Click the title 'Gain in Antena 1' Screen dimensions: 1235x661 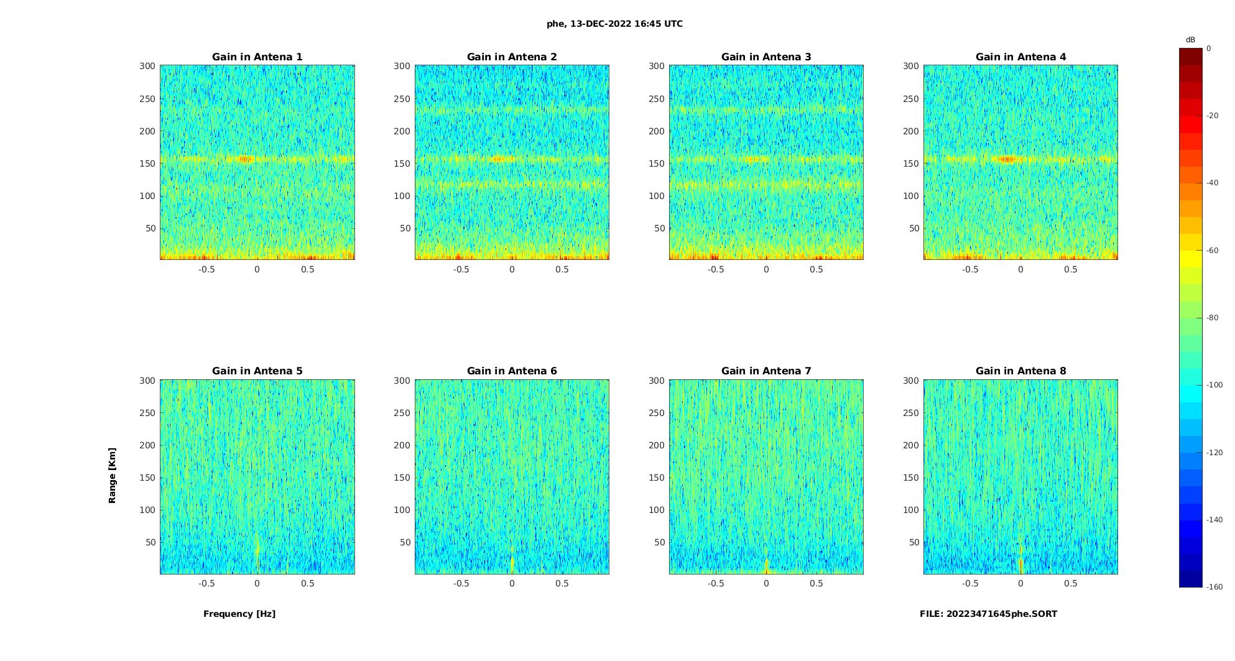click(257, 57)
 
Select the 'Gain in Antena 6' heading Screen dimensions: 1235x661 click(512, 371)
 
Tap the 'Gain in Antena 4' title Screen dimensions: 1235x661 click(1020, 57)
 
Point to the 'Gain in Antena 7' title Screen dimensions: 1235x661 click(766, 371)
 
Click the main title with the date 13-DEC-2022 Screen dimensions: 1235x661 click(614, 24)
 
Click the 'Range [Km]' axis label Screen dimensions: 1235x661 click(113, 475)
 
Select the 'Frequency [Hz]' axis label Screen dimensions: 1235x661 click(239, 614)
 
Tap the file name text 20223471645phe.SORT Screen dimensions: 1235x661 click(988, 614)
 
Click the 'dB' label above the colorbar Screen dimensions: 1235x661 click(1190, 40)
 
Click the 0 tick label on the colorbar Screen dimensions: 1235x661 click(1209, 49)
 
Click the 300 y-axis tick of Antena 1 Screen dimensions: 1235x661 click(147, 66)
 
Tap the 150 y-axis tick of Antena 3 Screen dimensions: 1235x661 click(656, 164)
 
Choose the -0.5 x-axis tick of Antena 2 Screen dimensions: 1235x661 click(461, 269)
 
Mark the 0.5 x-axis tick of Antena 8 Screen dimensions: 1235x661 click(1070, 583)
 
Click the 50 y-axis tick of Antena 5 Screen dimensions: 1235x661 click(150, 542)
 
